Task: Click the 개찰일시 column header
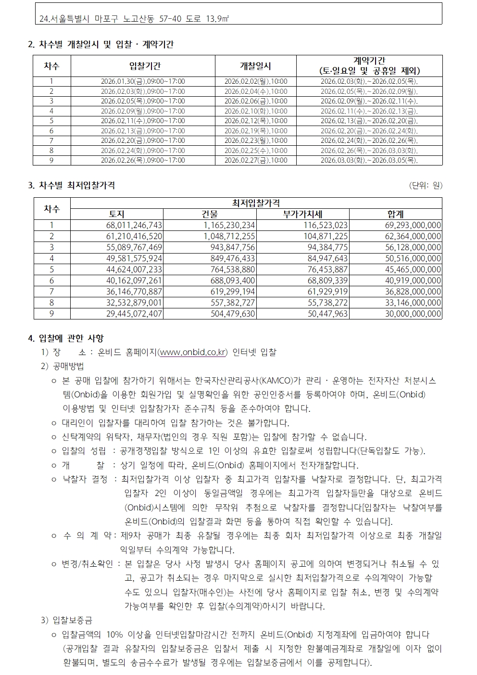click(255, 66)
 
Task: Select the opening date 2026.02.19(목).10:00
click(256, 131)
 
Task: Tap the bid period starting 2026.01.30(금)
click(143, 81)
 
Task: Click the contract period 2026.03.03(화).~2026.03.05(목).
click(369, 160)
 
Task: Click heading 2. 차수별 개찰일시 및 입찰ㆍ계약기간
click(101, 45)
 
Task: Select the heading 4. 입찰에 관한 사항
click(66, 338)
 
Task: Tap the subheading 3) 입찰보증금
click(67, 620)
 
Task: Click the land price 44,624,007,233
click(134, 269)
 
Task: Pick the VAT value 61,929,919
click(327, 292)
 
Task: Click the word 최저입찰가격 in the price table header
click(256, 204)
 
